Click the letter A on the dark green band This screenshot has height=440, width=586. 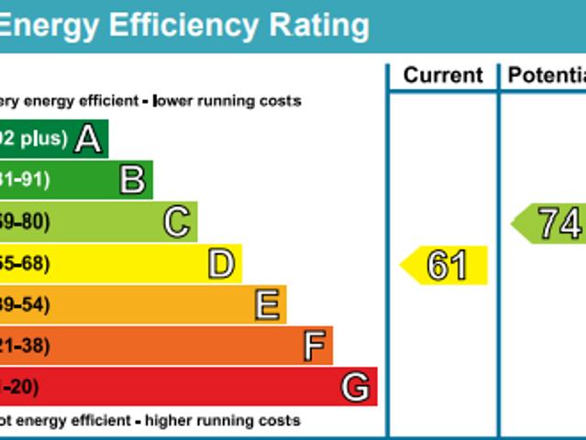point(87,139)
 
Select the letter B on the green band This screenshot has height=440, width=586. point(132,181)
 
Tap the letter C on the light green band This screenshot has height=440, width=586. point(176,222)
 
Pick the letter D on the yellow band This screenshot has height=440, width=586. point(221,264)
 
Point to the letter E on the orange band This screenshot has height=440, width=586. point(267,305)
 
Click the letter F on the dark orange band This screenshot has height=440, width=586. point(314,346)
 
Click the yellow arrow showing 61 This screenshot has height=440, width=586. point(445,266)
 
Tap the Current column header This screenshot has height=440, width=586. point(443,76)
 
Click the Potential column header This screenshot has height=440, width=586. point(547,76)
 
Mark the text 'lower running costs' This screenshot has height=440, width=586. point(227,101)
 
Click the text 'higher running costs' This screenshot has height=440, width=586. point(222,421)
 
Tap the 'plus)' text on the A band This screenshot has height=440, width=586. point(45,139)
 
